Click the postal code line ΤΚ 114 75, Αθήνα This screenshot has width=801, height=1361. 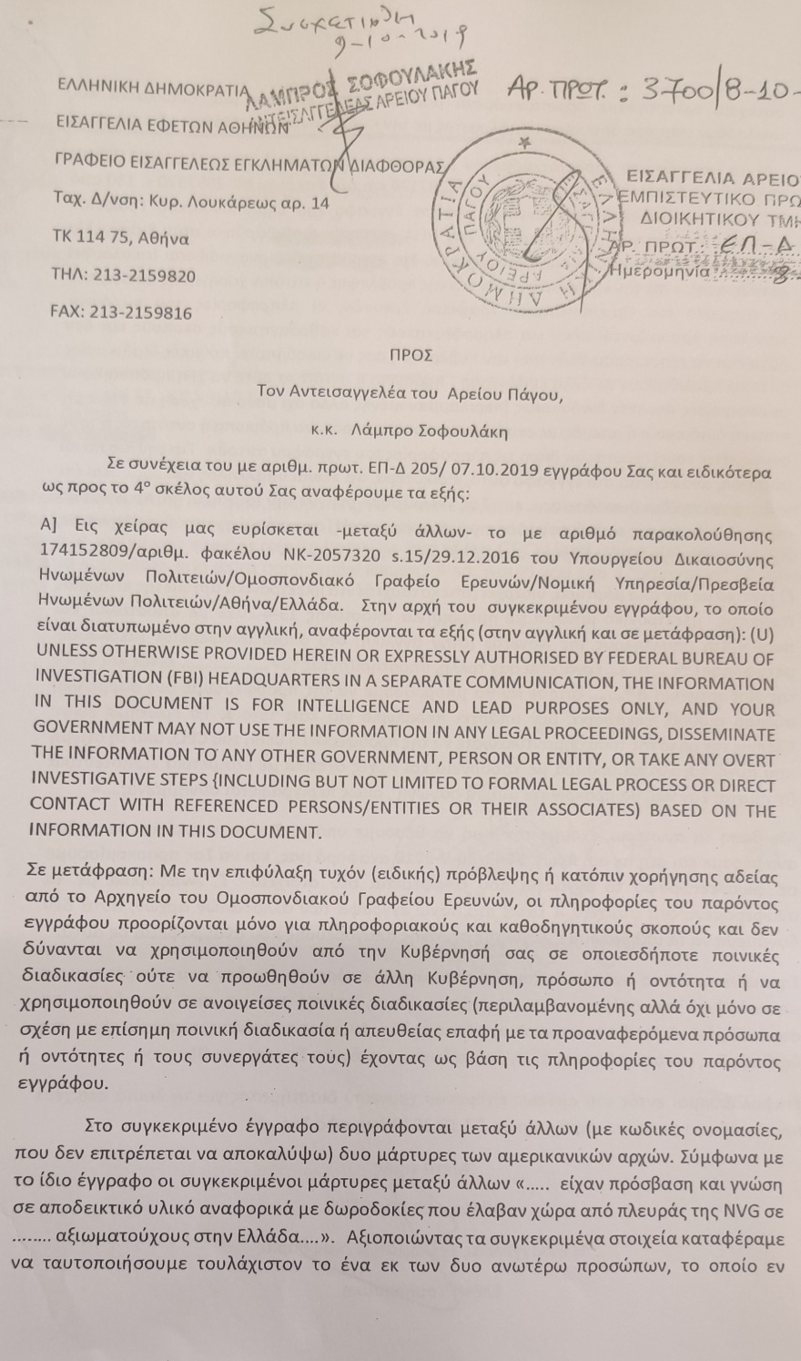click(x=119, y=239)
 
